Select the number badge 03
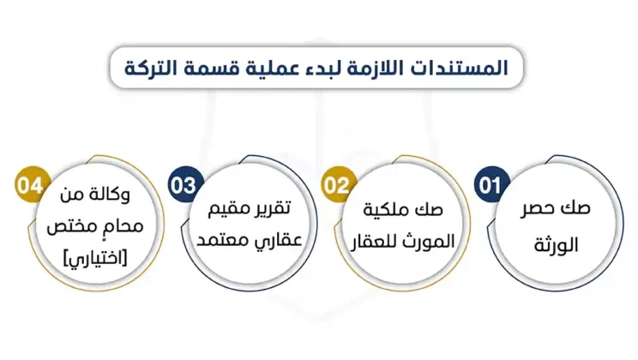pos(183,185)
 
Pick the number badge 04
pos(29,185)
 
